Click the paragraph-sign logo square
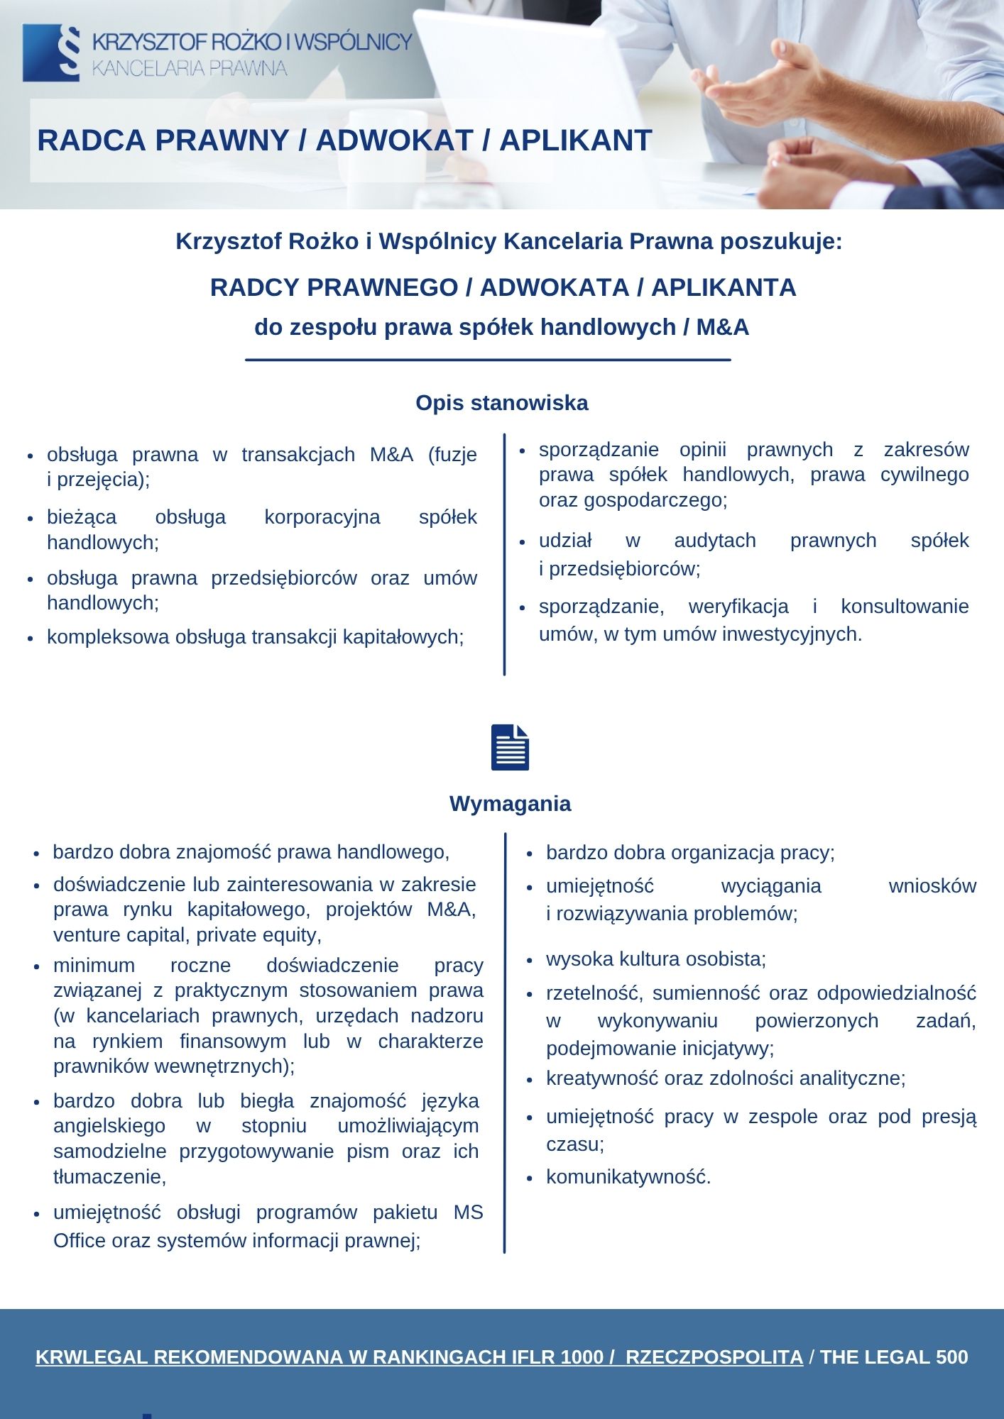(51, 53)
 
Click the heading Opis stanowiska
(501, 403)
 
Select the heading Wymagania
(510, 804)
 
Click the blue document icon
(510, 747)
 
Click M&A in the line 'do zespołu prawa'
(723, 327)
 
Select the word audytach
(714, 541)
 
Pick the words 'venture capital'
(117, 935)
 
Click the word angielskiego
(109, 1126)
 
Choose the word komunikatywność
(628, 1177)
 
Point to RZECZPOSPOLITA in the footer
(714, 1357)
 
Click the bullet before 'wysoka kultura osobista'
(529, 960)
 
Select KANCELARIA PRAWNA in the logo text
(190, 69)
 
